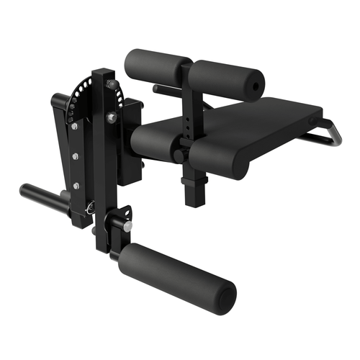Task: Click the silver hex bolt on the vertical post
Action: pyautogui.click(x=111, y=117)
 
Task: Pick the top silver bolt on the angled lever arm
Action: pyautogui.click(x=74, y=126)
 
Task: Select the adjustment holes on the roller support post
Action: pyautogui.click(x=190, y=119)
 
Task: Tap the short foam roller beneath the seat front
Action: pyautogui.click(x=155, y=143)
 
